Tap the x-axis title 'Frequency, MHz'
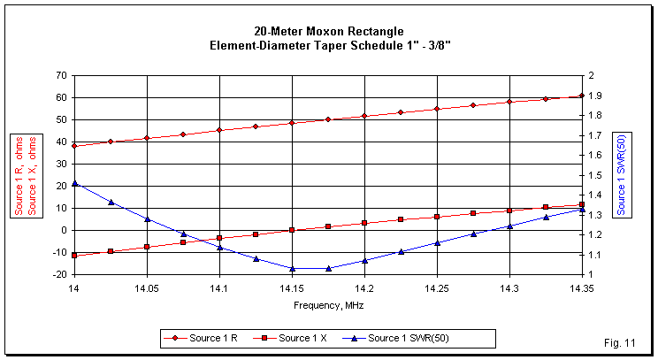328,304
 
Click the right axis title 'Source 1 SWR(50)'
622,174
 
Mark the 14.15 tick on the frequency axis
292,288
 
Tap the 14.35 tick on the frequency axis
581,288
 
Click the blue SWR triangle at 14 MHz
74,183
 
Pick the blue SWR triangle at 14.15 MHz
292,268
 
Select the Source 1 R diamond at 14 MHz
74,145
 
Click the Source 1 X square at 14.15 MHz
292,230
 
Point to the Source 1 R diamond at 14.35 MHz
581,96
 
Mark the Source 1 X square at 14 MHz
74,255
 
